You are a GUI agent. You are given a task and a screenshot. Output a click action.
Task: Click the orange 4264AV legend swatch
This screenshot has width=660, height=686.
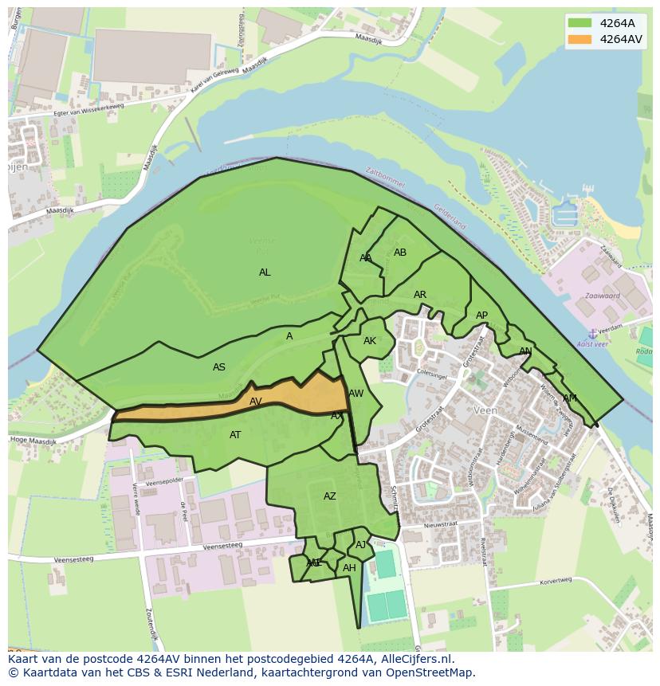(579, 39)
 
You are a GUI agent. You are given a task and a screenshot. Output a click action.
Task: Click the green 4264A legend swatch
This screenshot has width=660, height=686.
(579, 23)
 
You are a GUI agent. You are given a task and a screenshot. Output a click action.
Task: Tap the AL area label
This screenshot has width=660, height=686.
(265, 272)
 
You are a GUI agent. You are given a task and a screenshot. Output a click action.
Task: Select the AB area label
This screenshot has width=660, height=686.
(400, 253)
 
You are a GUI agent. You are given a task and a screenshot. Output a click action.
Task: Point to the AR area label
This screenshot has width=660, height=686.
(420, 295)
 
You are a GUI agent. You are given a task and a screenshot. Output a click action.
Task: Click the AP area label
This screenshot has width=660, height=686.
(481, 316)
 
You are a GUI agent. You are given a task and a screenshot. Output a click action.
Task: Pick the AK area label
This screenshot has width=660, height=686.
(370, 341)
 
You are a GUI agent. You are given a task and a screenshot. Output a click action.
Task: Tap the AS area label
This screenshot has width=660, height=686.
(219, 367)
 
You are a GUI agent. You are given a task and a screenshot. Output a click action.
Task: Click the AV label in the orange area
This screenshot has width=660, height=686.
(256, 402)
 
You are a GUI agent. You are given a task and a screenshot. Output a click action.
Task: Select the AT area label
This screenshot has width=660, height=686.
(235, 435)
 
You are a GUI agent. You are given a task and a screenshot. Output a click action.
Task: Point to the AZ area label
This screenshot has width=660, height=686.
(330, 496)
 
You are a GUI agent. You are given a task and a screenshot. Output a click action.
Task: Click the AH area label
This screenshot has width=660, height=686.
(349, 568)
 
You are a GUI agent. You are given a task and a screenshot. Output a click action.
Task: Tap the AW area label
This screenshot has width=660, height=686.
(356, 394)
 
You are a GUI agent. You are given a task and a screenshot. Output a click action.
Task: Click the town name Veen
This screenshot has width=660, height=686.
(485, 410)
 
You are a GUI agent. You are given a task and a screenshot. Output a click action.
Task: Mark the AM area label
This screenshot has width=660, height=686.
(569, 398)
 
